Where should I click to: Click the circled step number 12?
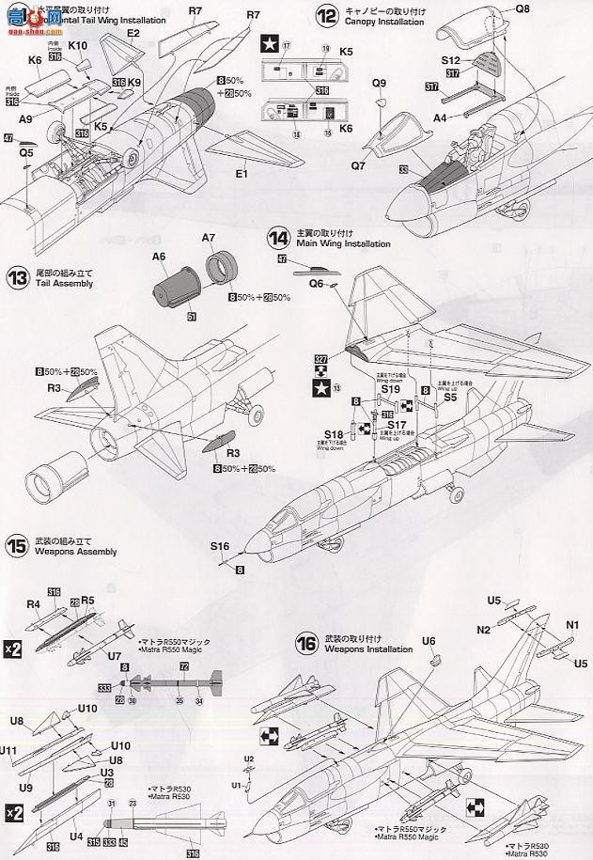point(326,15)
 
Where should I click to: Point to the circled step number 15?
point(15,543)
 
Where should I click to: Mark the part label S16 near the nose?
point(220,546)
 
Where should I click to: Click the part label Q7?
point(357,165)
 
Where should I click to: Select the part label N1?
point(572,623)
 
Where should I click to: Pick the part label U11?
point(8,751)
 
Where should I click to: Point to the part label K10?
point(78,45)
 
